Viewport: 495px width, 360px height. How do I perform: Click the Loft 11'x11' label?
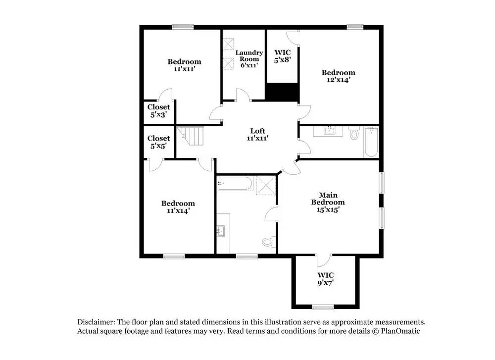258,135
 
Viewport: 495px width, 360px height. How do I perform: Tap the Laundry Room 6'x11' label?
248,59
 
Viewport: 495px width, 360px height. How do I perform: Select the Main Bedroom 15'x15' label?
328,202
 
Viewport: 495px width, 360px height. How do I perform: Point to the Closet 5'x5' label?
158,142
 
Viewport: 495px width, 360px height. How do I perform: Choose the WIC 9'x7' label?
325,279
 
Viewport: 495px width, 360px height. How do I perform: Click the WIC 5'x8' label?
282,55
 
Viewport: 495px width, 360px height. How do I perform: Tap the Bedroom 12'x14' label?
340,76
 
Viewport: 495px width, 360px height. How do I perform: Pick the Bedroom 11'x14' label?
178,207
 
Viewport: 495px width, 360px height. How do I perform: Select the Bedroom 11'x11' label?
184,65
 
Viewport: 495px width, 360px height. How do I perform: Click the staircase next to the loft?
192,136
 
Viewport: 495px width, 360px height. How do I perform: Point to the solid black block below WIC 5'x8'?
283,92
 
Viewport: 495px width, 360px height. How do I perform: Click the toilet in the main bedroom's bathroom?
268,242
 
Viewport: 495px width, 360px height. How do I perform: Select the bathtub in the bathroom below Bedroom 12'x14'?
371,143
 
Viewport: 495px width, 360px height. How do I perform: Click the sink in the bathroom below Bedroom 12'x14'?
330,131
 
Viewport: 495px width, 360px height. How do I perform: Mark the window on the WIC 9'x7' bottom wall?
323,306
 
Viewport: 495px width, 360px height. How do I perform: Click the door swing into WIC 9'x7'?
322,260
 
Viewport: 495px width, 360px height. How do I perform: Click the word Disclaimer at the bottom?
97,321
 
